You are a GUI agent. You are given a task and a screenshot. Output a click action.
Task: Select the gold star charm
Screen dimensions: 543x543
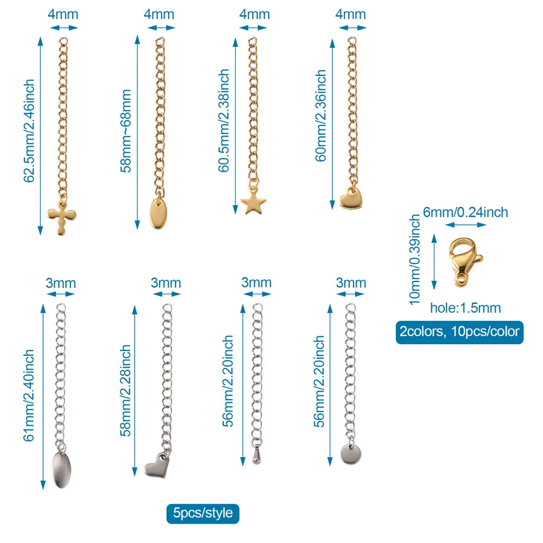253,204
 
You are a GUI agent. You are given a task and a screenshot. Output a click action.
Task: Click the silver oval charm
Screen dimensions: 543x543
60,466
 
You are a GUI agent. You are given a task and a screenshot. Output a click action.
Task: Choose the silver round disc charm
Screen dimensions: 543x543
350,453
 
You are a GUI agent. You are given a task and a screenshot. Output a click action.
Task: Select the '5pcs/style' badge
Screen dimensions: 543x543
203,513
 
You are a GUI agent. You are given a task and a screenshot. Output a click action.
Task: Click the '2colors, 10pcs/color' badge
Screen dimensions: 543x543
459,331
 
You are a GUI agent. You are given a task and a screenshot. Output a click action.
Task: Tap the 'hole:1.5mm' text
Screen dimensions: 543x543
465,308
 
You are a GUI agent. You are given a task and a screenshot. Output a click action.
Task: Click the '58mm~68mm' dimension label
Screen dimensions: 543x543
126,131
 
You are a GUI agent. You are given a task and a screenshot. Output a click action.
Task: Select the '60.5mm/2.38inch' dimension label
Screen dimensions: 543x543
223,120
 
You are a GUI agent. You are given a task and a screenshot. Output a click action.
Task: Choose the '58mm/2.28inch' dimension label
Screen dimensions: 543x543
125,390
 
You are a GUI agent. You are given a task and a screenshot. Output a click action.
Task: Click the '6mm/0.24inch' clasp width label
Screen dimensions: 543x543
465,211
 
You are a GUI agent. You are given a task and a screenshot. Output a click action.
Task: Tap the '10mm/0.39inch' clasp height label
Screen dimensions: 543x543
415,258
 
